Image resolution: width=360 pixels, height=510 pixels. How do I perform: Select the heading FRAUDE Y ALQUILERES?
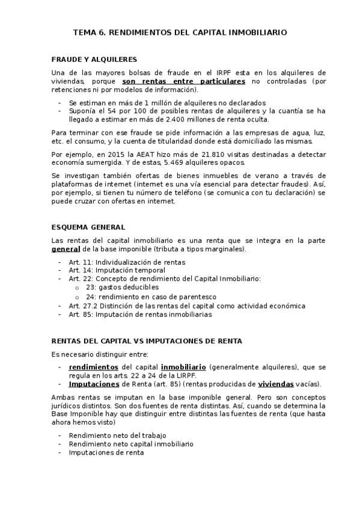[94, 60]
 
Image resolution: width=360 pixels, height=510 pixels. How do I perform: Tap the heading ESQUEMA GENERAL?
[88, 227]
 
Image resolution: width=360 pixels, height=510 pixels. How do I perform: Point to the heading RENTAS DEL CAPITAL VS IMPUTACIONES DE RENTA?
[147, 341]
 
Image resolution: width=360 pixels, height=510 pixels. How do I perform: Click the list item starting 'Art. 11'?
[127, 262]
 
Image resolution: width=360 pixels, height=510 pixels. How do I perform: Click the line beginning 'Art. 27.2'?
[187, 306]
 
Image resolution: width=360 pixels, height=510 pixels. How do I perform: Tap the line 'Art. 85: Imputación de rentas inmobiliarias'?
[140, 314]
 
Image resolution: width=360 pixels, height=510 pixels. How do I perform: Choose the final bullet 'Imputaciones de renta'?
[106, 453]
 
